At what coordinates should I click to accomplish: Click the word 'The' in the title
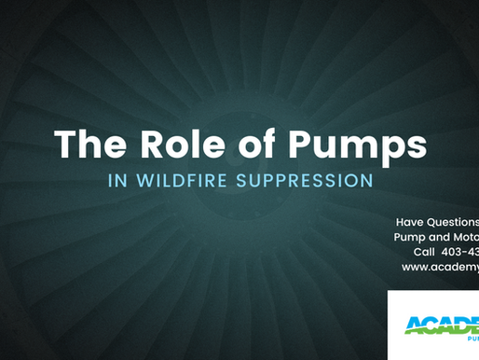tap(89, 145)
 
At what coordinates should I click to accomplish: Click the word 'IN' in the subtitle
tap(124, 181)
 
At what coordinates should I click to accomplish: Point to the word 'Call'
tap(424, 252)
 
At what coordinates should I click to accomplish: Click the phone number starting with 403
tap(461, 252)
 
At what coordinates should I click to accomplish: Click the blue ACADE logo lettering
tap(442, 324)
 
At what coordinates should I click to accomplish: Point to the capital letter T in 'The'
tap(65, 145)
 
